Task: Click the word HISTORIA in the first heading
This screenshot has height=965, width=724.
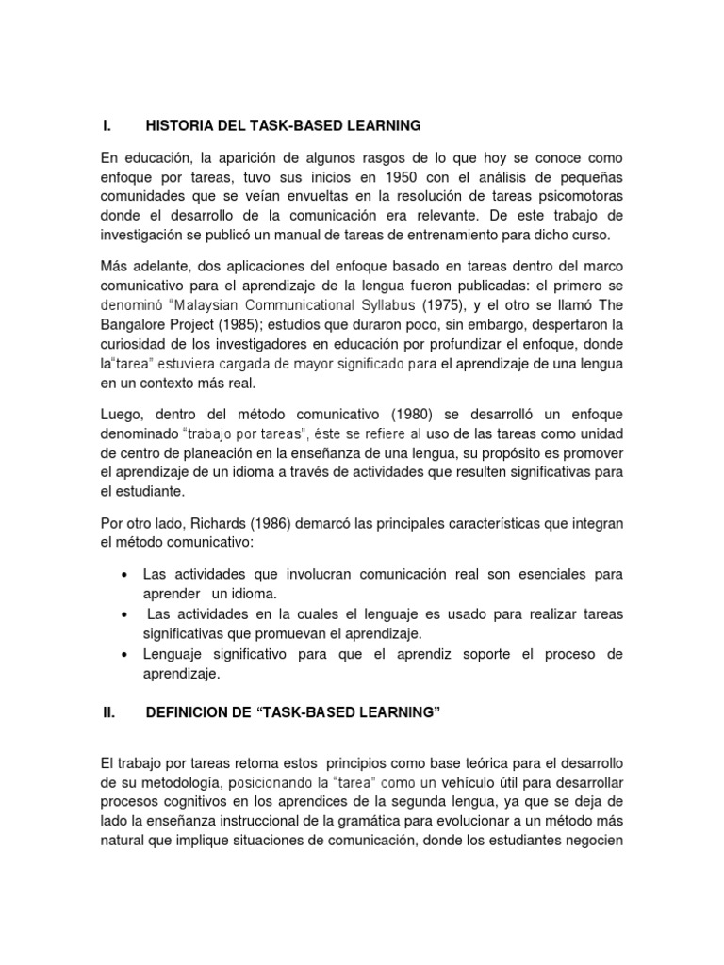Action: [178, 125]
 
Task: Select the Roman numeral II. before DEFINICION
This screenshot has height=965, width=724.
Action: [107, 713]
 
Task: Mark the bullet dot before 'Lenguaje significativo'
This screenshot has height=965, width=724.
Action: [124, 654]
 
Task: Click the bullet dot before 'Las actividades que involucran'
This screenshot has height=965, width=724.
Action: [124, 575]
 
